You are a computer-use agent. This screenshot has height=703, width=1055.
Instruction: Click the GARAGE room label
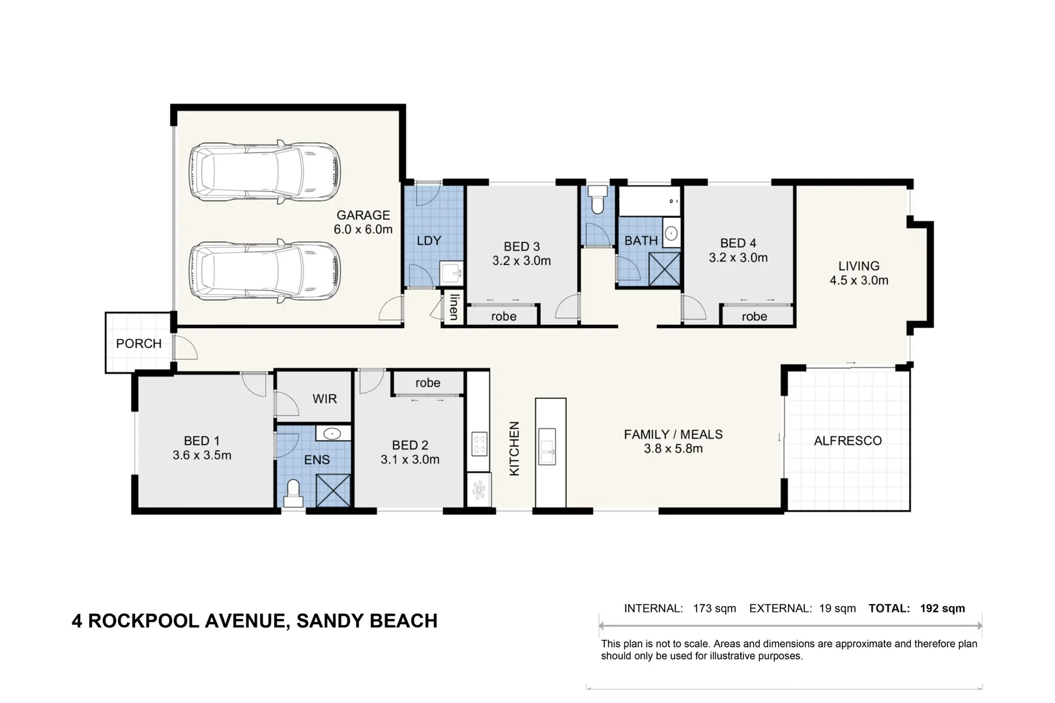click(x=363, y=215)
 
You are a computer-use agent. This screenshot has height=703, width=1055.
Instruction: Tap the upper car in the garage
click(x=265, y=172)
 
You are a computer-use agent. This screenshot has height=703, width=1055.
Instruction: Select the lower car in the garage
click(x=265, y=271)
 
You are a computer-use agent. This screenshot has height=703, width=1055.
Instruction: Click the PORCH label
click(x=139, y=344)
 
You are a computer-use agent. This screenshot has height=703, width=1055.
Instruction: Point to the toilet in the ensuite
click(x=293, y=493)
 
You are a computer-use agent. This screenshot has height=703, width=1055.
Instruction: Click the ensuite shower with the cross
click(x=334, y=491)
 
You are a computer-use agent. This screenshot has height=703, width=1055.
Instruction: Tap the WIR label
click(x=325, y=399)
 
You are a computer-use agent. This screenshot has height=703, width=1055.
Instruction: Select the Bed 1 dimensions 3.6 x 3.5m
click(x=202, y=455)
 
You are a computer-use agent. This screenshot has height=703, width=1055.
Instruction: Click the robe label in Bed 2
click(x=427, y=383)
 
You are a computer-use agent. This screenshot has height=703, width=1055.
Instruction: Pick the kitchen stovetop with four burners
click(x=480, y=444)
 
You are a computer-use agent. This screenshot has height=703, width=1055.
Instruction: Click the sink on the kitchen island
click(x=547, y=447)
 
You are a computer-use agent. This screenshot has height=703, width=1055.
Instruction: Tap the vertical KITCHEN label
click(x=514, y=448)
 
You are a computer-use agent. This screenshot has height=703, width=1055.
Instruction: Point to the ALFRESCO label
click(x=848, y=441)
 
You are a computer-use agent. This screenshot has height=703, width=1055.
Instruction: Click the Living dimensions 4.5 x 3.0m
click(x=859, y=281)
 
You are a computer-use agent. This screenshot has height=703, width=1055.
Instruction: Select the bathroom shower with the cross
click(x=665, y=269)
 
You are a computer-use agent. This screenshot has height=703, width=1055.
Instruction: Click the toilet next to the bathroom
click(x=598, y=199)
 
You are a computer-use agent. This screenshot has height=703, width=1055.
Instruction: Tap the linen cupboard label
click(x=454, y=307)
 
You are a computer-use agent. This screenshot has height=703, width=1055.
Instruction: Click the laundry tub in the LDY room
click(x=451, y=273)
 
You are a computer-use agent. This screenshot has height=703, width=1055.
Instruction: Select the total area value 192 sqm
click(x=942, y=609)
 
